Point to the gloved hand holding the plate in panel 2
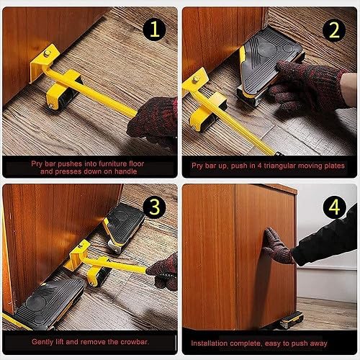302,83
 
